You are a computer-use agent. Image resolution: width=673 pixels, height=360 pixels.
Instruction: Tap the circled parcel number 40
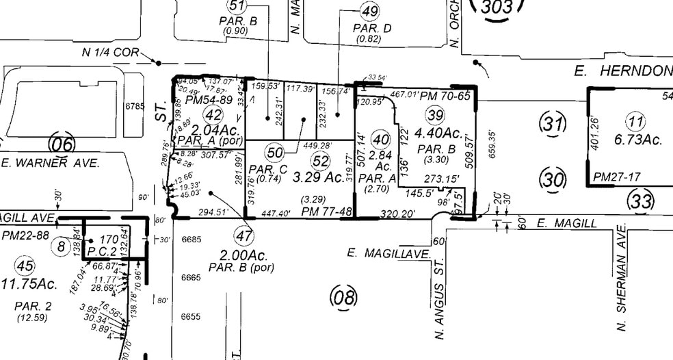pos(380,140)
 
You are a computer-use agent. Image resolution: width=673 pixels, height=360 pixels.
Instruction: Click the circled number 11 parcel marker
pos(637,123)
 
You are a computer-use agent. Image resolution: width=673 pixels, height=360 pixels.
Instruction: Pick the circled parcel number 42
pos(213,115)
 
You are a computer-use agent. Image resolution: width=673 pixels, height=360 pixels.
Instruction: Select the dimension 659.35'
pos(492,145)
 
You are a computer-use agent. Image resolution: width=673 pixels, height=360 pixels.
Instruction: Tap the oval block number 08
pos(343,297)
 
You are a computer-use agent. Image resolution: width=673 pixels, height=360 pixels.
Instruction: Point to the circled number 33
pos(641,201)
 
